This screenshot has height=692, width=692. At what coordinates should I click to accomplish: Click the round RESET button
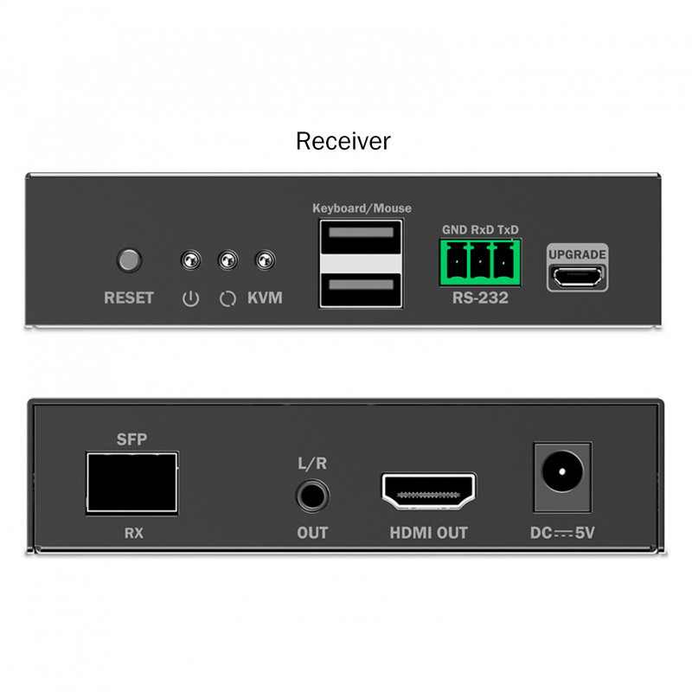(129, 260)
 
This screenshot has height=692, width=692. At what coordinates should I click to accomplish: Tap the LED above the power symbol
(190, 260)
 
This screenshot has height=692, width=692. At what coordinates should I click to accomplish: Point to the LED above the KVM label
(266, 260)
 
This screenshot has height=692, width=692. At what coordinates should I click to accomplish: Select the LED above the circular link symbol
(227, 260)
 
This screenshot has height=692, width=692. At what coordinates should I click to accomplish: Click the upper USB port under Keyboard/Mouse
(361, 237)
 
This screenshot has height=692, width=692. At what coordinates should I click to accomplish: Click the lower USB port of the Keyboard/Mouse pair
(361, 290)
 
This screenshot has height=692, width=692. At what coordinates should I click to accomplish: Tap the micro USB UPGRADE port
(577, 277)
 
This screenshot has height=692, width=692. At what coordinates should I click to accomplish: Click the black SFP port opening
(132, 483)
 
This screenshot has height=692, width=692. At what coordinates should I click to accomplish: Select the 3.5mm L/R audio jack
(312, 496)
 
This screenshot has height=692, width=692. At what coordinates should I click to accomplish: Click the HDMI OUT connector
(428, 491)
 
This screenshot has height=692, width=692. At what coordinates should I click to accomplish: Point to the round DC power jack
(562, 471)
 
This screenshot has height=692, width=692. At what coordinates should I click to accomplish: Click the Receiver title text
(343, 141)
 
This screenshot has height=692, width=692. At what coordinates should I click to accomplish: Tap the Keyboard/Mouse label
(362, 208)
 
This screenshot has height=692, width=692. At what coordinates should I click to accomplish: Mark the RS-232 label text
(480, 298)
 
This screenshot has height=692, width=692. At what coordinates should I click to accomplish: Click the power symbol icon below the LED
(190, 298)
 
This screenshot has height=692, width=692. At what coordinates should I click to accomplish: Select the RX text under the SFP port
(134, 533)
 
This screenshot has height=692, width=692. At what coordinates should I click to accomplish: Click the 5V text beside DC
(586, 533)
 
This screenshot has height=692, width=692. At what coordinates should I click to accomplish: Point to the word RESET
(129, 298)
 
